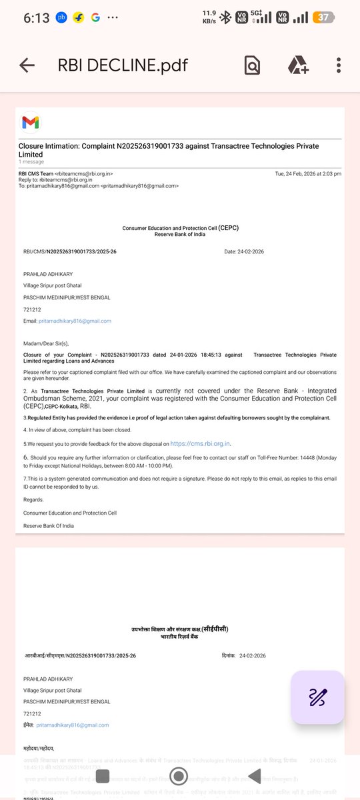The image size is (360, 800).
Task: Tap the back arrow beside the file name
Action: click(x=27, y=65)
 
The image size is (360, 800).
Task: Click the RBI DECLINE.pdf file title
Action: click(x=123, y=65)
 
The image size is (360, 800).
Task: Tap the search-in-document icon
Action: click(x=252, y=65)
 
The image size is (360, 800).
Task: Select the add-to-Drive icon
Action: click(x=297, y=65)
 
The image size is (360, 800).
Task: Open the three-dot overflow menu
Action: click(x=339, y=65)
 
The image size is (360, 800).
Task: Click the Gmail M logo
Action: click(x=31, y=123)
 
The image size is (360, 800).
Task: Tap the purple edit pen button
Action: click(x=317, y=697)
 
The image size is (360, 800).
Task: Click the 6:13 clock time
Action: click(x=37, y=18)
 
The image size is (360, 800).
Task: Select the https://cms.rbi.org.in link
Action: click(x=200, y=443)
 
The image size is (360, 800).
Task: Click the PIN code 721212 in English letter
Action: click(x=33, y=309)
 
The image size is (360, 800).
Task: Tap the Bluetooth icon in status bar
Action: click(x=225, y=18)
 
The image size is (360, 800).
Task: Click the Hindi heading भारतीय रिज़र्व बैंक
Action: click(x=180, y=636)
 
